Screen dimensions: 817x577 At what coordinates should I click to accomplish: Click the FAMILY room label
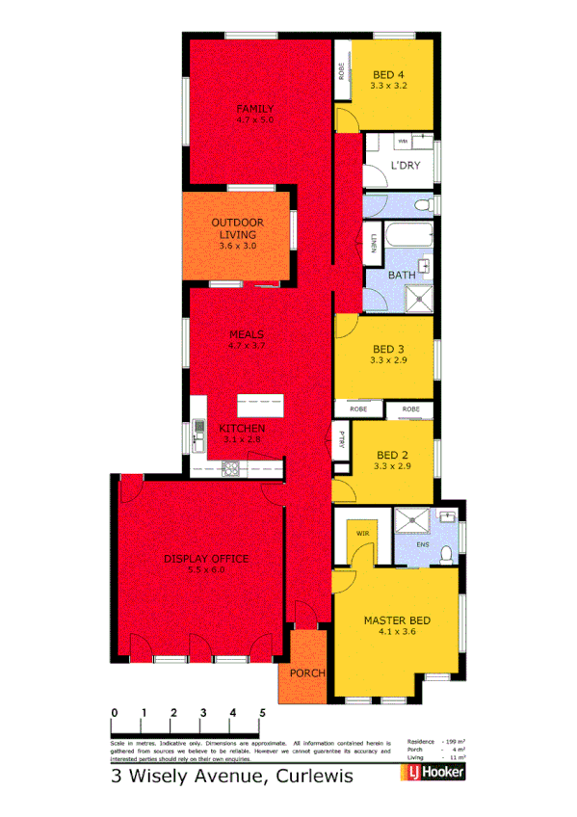coord(255,109)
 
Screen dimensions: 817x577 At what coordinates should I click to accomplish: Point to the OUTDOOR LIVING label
coord(235,228)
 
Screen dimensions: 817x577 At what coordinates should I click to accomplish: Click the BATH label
coord(401,276)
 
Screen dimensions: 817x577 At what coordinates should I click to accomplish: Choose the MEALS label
coord(246,334)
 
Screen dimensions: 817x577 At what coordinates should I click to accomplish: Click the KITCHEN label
coord(241,428)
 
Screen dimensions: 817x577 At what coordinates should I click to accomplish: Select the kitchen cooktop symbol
coord(231,468)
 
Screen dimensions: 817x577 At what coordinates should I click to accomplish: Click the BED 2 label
coord(390,454)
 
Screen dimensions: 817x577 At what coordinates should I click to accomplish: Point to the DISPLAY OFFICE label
coord(206,559)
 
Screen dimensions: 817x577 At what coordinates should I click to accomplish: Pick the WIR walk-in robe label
coord(363,532)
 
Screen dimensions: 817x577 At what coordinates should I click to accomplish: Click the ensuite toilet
coord(445,552)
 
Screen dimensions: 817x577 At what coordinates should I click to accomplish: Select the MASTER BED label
coord(396,620)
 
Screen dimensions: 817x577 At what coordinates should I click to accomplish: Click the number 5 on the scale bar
coord(262,713)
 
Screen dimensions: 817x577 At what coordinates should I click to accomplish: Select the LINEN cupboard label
coord(373,248)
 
